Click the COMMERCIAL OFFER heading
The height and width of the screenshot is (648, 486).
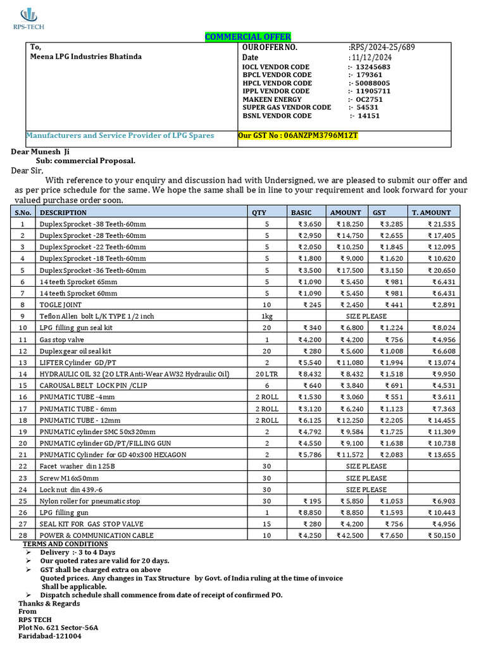[x=247, y=37]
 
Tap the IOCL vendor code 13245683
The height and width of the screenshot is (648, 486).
[x=373, y=66]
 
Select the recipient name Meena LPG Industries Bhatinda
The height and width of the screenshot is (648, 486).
[x=87, y=56]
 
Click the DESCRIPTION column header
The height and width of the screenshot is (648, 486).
[x=63, y=213]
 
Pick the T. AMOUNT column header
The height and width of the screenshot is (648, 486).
[x=431, y=213]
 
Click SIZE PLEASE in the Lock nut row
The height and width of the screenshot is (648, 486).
[x=366, y=489]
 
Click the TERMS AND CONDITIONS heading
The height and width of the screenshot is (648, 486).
[x=65, y=544]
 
